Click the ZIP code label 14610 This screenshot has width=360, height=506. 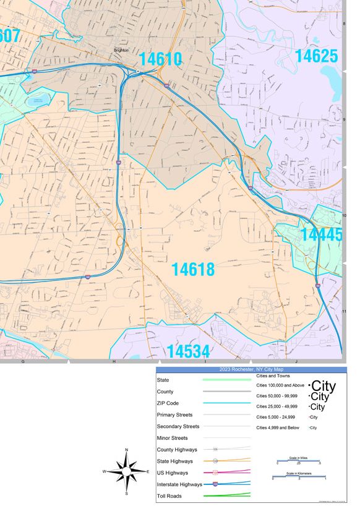160,59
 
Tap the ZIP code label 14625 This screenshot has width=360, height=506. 316,56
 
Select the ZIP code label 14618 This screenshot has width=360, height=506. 193,270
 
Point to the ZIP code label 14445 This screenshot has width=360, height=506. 320,235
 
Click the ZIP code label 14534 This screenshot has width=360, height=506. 189,352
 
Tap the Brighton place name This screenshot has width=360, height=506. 121,51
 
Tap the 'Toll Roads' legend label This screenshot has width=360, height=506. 171,495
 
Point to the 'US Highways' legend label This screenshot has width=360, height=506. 174,473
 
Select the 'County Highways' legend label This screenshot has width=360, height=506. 178,450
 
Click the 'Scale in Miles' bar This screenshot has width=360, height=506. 299,461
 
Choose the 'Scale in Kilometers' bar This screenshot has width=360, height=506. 299,478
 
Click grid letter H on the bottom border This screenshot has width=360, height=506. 114,361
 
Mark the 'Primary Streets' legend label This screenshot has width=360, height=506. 175,415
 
